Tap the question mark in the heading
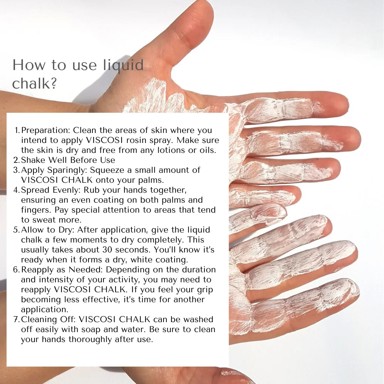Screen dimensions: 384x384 point(53,84)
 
